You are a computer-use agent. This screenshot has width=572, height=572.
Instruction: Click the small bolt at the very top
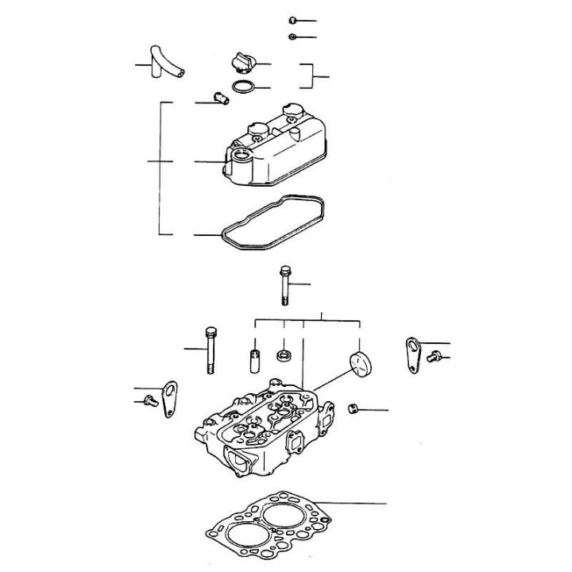click(x=292, y=20)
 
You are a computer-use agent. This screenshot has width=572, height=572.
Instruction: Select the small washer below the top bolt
click(x=292, y=37)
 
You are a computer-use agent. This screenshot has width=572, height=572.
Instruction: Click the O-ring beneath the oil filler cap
click(x=242, y=86)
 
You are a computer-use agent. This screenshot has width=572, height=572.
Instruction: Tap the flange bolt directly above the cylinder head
click(x=284, y=286)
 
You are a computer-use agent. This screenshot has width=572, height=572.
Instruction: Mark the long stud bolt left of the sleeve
click(x=211, y=350)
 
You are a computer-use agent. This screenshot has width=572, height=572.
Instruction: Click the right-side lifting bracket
click(x=410, y=356)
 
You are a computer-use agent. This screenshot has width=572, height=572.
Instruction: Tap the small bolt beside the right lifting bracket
click(x=434, y=357)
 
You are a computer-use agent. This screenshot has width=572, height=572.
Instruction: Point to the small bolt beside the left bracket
click(x=147, y=402)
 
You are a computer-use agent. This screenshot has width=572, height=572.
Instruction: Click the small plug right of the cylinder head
click(x=354, y=408)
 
